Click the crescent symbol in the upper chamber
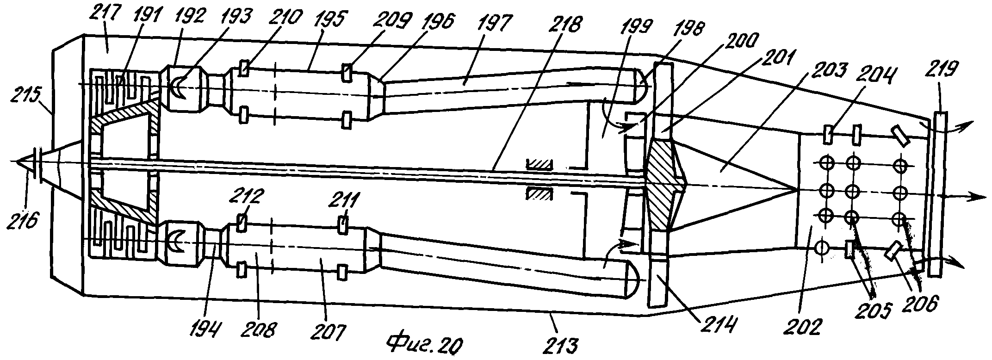pyautogui.click(x=179, y=88)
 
